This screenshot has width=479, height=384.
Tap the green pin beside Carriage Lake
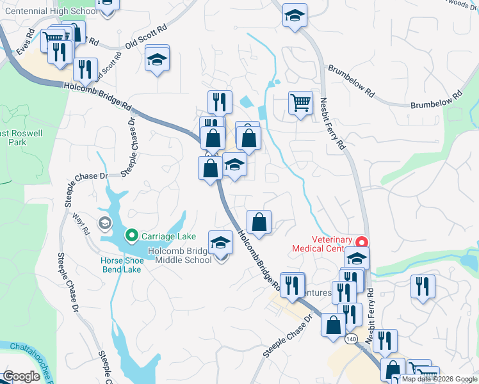click(133, 236)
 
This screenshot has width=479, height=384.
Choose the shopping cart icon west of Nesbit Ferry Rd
click(300, 102)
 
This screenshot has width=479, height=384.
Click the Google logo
click(21, 376)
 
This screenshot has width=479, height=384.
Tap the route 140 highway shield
click(350, 337)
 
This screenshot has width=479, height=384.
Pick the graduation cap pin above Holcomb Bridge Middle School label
click(221, 243)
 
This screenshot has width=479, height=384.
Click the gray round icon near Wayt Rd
click(104, 223)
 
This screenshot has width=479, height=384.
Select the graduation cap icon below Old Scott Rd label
click(157, 60)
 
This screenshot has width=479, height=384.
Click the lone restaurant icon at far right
click(423, 286)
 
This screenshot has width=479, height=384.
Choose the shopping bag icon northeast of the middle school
click(259, 223)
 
